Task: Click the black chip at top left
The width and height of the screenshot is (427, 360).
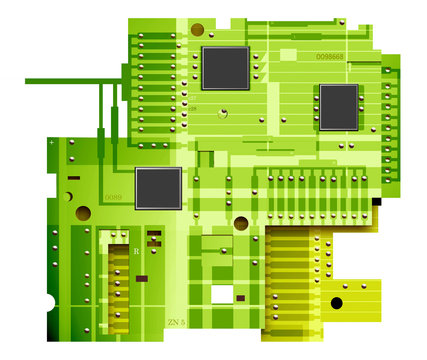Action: pos(225,67)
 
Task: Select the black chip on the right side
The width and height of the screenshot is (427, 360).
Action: pos(338,106)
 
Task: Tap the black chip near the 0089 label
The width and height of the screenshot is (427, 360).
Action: pos(158,188)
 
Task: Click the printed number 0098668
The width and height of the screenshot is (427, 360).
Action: pos(330,57)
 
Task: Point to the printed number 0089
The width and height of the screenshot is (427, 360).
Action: pos(113,198)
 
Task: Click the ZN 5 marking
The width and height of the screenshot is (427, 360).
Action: pos(176,322)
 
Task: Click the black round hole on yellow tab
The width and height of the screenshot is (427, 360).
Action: pos(337,302)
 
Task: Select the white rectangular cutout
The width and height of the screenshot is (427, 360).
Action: pos(222,294)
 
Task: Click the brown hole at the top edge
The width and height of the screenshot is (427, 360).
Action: pos(197,30)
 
